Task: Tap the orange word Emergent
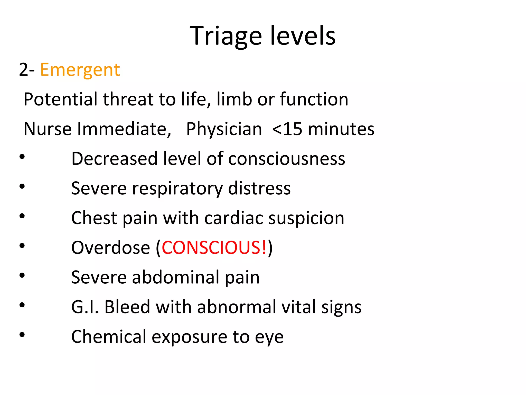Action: (x=80, y=70)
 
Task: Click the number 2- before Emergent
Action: (x=27, y=70)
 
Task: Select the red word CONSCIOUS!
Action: (x=214, y=248)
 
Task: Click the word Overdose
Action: (x=110, y=248)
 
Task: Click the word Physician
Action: (x=224, y=129)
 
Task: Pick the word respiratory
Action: (x=177, y=188)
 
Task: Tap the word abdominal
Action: (x=176, y=277)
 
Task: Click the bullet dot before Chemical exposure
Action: (x=22, y=335)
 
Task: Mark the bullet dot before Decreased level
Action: (x=22, y=156)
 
